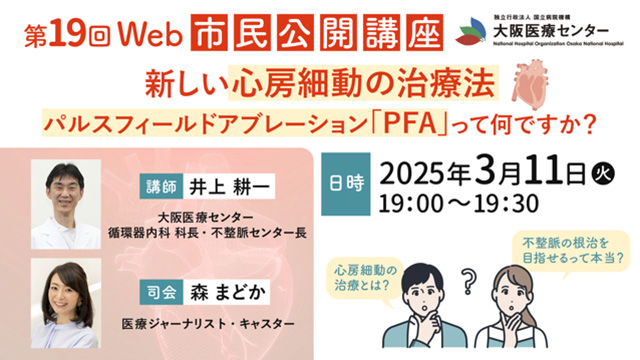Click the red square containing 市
[209, 32]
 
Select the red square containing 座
[424, 32]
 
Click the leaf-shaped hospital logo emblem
[471, 31]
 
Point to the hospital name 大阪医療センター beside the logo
[551, 30]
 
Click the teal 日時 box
[346, 184]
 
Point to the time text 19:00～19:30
[459, 204]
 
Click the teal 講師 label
[161, 186]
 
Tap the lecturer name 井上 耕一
[229, 187]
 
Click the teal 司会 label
[161, 292]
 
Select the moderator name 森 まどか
[227, 293]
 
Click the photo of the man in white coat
[66, 204]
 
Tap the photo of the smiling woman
[66, 303]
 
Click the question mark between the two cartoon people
[468, 280]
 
